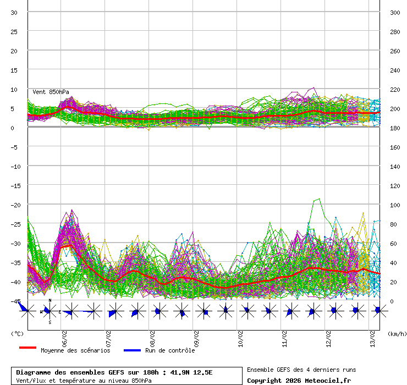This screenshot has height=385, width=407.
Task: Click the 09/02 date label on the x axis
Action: coord(196,336)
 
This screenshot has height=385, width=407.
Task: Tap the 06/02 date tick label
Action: coord(64,336)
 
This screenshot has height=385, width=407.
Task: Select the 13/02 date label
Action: coord(372,336)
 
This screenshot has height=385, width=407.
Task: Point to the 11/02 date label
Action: coord(284,336)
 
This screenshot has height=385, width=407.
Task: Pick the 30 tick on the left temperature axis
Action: coord(15,12)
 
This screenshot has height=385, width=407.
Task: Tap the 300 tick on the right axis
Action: coord(395,12)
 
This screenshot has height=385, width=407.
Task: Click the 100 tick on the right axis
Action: coord(395,205)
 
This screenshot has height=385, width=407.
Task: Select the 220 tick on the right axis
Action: coord(395,89)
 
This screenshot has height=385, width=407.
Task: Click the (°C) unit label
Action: coord(17,333)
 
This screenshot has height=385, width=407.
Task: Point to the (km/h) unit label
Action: coord(397,333)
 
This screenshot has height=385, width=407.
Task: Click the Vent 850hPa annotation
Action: coord(51,92)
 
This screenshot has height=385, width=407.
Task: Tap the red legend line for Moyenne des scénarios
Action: coord(28,348)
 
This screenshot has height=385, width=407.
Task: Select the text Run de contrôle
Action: coord(170,350)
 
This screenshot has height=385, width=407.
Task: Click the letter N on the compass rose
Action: coord(50,300)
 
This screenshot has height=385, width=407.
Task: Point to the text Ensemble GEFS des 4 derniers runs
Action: coord(301,370)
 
